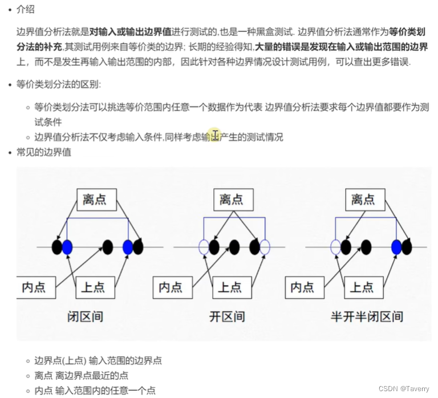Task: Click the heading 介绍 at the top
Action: [26, 9]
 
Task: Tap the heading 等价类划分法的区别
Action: [59, 85]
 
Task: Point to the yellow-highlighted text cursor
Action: [215, 135]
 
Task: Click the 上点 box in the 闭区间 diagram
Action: [93, 286]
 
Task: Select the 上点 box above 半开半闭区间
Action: [362, 286]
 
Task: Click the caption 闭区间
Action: [85, 316]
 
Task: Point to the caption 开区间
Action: [227, 316]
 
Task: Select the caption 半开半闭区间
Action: [367, 316]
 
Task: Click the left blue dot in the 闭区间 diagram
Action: [67, 247]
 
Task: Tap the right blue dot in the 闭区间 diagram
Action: [128, 247]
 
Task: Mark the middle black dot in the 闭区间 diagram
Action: [107, 247]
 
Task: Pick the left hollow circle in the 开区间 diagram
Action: [204, 247]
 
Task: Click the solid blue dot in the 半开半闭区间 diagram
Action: [396, 247]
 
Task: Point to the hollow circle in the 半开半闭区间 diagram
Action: [336, 247]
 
